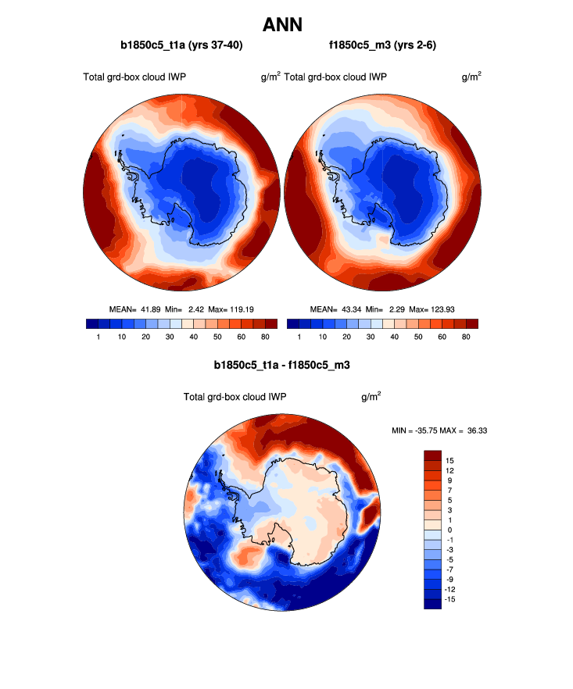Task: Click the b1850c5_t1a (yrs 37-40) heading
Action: pyautogui.click(x=181, y=46)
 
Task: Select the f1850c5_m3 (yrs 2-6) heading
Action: pyautogui.click(x=383, y=46)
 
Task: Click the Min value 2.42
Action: pyautogui.click(x=193, y=309)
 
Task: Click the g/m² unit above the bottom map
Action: pyautogui.click(x=371, y=396)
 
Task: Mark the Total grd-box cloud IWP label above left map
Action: pyautogui.click(x=134, y=77)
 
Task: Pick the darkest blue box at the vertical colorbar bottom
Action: pyautogui.click(x=433, y=603)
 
